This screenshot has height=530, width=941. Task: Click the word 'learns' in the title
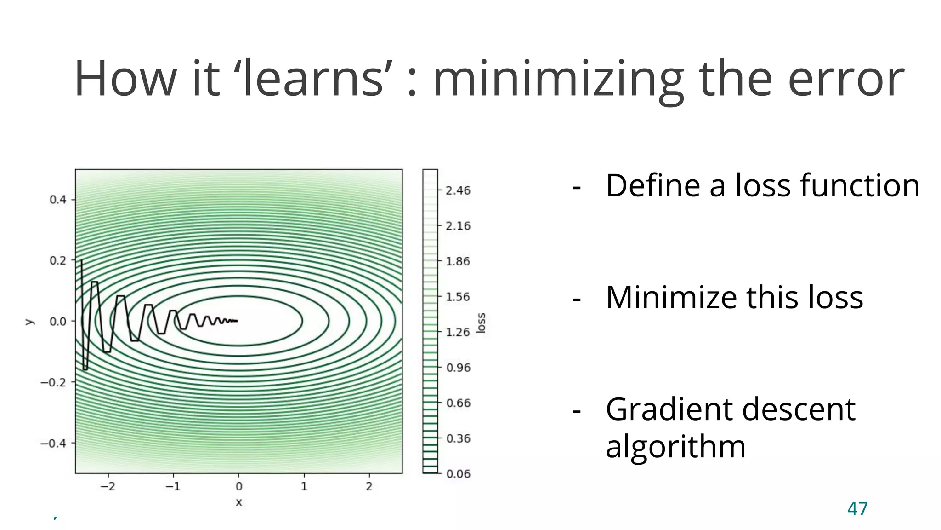312,79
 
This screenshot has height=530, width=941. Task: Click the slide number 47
857,509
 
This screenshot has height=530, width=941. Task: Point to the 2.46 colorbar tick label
458,190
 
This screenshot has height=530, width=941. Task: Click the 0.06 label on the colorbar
458,474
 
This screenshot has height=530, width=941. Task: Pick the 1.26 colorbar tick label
458,332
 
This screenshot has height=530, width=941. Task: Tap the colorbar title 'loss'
481,323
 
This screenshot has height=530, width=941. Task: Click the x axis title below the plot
239,502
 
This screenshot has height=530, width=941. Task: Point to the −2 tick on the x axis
108,486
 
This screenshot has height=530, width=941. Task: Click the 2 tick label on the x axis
369,486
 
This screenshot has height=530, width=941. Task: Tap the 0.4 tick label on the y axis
58,200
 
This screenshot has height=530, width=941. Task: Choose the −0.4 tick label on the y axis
53,444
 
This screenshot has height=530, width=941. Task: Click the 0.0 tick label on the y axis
58,322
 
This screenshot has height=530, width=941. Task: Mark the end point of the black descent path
238,321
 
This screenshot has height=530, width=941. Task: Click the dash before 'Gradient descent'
577,410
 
